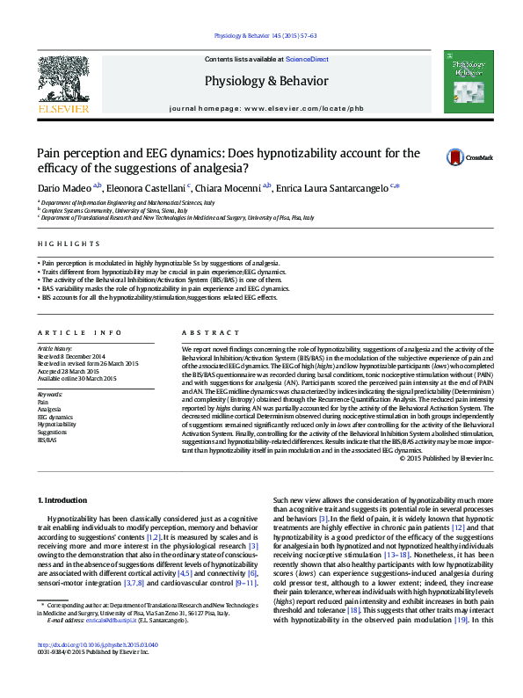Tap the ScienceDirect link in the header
click(307, 59)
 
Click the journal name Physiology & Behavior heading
click(265, 81)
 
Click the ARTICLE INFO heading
click(78, 333)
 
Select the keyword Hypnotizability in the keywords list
click(57, 424)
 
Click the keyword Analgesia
click(49, 410)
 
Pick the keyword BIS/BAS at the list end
click(47, 439)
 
